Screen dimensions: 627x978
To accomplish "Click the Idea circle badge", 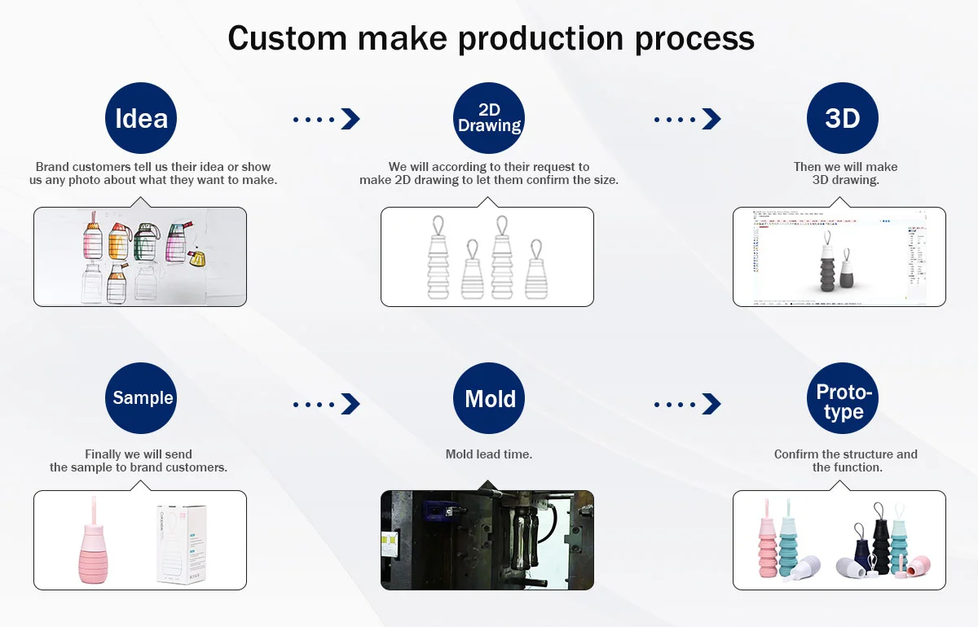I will pyautogui.click(x=141, y=119).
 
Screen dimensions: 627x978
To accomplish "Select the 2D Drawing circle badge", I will pyautogui.click(x=489, y=119).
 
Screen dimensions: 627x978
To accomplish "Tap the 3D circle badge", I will pyautogui.click(x=842, y=119).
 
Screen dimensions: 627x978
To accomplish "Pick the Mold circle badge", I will pyautogui.click(x=489, y=398).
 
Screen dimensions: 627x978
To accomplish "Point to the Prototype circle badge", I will pyautogui.click(x=842, y=398).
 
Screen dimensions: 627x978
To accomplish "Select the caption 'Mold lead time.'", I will pyautogui.click(x=489, y=454).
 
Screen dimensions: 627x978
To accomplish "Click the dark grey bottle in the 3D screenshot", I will pyautogui.click(x=826, y=267).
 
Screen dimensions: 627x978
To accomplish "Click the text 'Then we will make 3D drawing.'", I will pyautogui.click(x=845, y=173).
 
